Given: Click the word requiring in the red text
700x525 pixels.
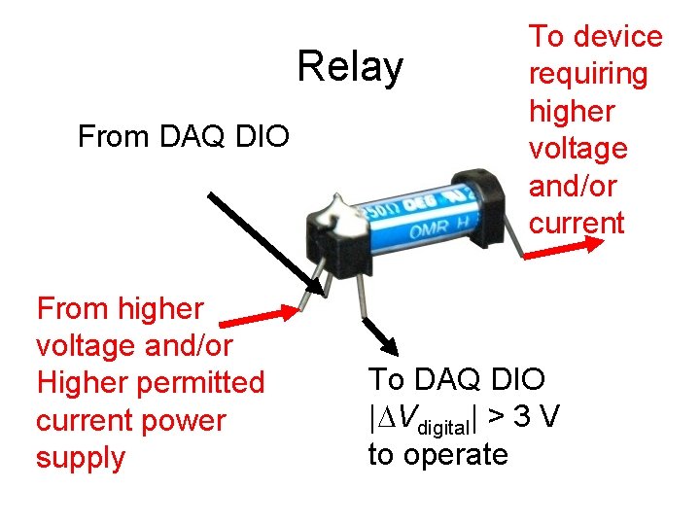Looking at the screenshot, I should point(587,74).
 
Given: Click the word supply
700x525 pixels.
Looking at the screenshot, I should point(81,458).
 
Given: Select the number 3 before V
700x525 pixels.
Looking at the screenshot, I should point(522,417).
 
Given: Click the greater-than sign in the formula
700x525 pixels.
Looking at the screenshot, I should point(495,417).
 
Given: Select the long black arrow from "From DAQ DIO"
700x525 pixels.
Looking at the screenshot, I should point(266,242).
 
